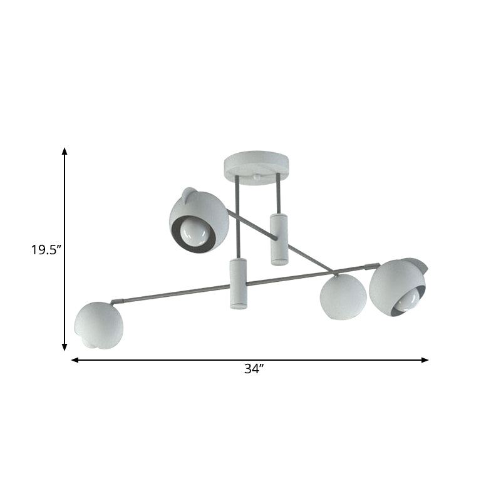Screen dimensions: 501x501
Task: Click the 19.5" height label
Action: coord(46,250)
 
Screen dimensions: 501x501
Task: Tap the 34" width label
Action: coord(253,369)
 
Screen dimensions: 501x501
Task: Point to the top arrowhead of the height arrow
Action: coord(65,152)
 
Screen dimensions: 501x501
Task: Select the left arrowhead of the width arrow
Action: coord(75,360)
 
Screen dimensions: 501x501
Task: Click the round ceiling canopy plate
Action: coord(257,166)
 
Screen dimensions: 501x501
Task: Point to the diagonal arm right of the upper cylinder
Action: coord(307,254)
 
